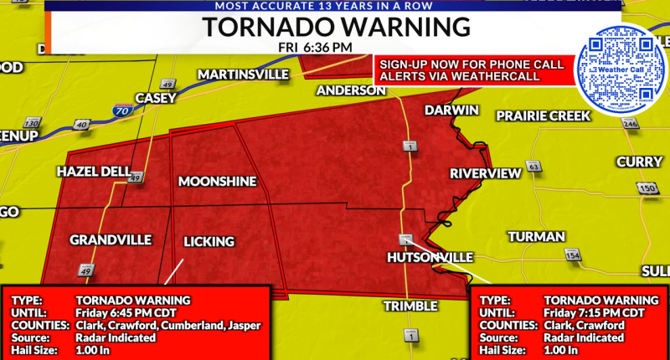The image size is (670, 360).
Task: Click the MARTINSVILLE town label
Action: (x=243, y=75)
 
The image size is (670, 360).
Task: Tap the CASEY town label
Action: (x=155, y=98)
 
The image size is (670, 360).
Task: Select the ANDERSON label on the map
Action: (x=351, y=90)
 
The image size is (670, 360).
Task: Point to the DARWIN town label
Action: (x=451, y=111)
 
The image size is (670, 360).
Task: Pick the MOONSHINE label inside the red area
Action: (x=217, y=182)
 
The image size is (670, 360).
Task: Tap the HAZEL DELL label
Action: (x=93, y=172)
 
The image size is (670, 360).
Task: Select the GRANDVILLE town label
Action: (x=111, y=240)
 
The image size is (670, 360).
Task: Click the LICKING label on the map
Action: (x=209, y=242)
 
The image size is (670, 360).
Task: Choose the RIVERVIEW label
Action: (x=485, y=173)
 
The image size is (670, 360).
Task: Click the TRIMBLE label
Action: (x=410, y=306)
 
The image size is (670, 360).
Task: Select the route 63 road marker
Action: (x=533, y=167)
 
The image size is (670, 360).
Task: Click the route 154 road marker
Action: (x=573, y=255)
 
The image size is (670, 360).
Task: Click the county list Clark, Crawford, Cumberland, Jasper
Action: (x=168, y=325)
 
